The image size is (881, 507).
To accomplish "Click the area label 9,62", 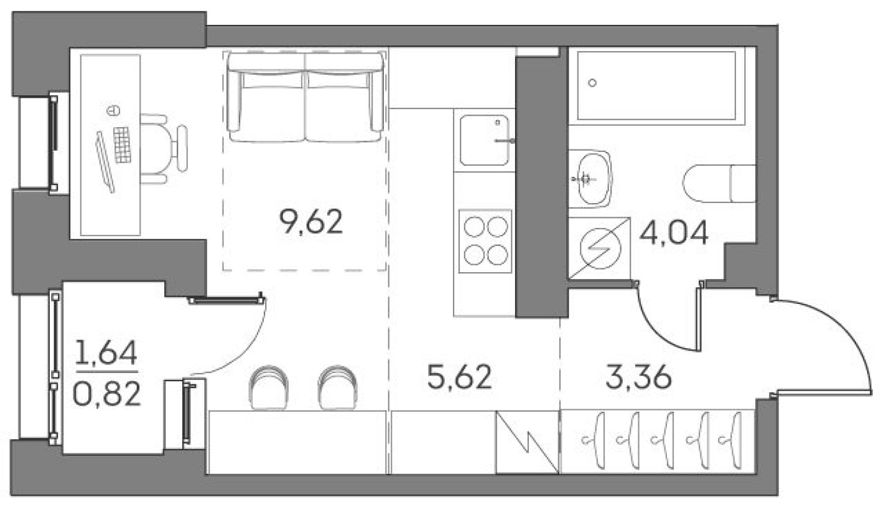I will click(311, 222).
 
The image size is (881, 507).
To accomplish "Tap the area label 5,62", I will click(460, 377).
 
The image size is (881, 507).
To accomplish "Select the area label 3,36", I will click(638, 377).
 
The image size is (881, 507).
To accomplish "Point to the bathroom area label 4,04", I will click(674, 235).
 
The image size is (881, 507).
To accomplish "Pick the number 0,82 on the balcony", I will click(106, 394).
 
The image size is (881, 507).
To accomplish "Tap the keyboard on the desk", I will click(123, 145).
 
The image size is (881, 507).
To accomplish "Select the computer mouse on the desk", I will click(113, 111).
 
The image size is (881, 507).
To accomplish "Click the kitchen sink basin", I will click(485, 140).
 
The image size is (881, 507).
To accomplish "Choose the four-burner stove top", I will click(485, 241).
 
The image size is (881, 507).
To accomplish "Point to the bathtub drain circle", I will click(592, 83).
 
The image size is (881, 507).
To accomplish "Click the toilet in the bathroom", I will click(719, 183).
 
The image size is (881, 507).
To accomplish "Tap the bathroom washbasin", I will click(589, 179).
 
